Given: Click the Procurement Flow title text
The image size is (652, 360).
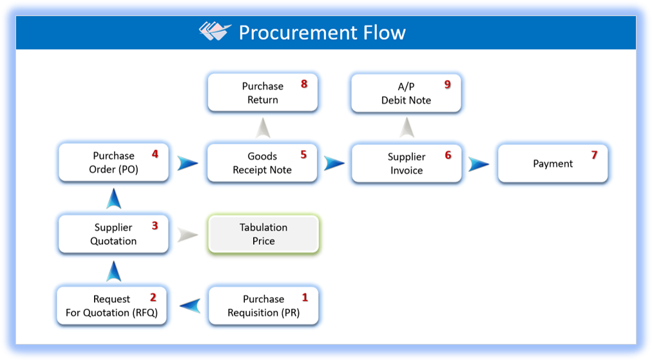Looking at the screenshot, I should click(x=322, y=32).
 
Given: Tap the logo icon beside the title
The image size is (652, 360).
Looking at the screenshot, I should click(x=215, y=31).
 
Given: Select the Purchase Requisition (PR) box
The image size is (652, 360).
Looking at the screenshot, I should click(x=264, y=306).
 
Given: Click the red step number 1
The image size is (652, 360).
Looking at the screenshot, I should click(x=305, y=298).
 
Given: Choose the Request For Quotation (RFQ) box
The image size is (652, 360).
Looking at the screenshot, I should click(x=113, y=306).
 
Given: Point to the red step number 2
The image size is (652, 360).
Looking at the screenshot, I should click(x=153, y=298).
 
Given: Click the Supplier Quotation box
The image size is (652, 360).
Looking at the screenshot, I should click(x=113, y=234).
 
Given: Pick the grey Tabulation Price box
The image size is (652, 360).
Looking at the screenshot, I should click(x=264, y=234).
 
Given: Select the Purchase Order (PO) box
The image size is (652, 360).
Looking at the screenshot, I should click(x=113, y=162).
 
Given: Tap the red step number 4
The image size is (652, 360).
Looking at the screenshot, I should click(x=155, y=155).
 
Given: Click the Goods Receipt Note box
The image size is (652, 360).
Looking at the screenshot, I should click(x=262, y=163).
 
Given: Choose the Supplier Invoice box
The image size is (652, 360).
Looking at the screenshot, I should click(x=407, y=164).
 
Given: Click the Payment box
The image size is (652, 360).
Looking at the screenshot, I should click(x=553, y=164).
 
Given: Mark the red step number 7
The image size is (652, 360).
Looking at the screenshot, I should click(x=594, y=155).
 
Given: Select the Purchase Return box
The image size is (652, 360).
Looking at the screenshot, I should click(x=263, y=93).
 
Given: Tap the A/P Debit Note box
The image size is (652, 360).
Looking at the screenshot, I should click(x=406, y=93).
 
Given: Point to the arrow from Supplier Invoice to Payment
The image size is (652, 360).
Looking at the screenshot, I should click(x=478, y=164).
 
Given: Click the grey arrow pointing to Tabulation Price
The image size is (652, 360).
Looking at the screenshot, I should click(x=187, y=234).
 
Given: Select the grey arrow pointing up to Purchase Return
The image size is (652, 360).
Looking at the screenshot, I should click(x=262, y=128).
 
